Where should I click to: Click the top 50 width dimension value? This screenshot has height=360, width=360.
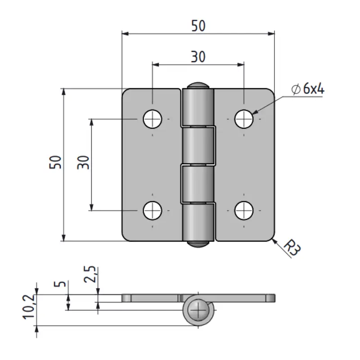[x=198, y=26]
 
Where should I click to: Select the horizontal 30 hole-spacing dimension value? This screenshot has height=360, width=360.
[x=198, y=57]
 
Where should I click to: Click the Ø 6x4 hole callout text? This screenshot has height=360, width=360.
[x=308, y=89]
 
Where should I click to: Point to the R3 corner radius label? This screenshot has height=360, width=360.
[x=292, y=248]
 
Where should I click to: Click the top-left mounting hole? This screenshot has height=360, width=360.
[x=153, y=119]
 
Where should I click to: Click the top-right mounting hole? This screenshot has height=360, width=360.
[x=244, y=119]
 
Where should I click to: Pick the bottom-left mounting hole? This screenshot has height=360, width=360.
[x=153, y=210]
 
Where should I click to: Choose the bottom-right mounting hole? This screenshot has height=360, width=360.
[x=244, y=210]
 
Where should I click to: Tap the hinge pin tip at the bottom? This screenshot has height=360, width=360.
[x=198, y=244]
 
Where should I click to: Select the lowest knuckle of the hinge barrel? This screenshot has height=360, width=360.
[x=198, y=221]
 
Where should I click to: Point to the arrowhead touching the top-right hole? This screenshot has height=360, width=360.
[x=255, y=113]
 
